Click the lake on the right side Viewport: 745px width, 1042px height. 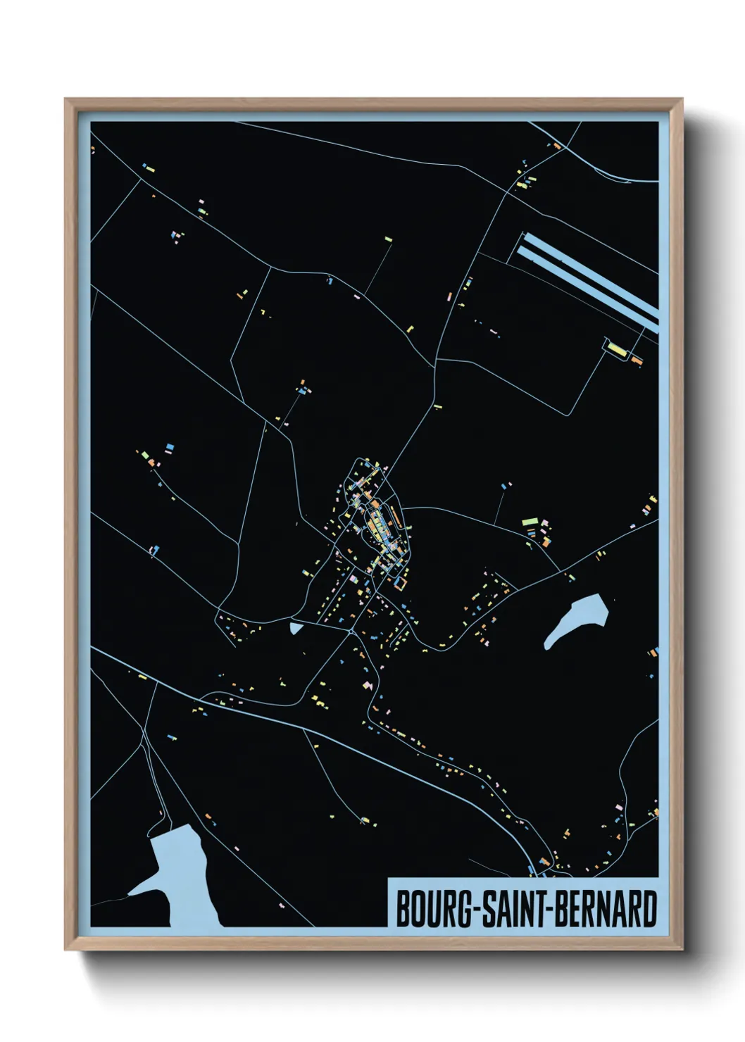click(x=576, y=620)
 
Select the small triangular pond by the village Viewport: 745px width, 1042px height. click(x=295, y=627)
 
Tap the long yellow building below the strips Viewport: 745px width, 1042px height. click(x=617, y=349)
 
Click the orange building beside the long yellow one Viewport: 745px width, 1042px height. click(x=636, y=360)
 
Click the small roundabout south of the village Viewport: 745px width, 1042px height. click(x=353, y=632)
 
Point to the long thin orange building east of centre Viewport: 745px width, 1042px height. click(x=396, y=520)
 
